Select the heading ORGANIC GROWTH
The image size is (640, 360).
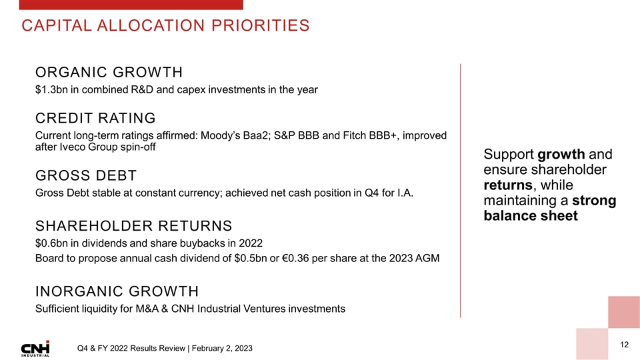109,72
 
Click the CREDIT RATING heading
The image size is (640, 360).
95,118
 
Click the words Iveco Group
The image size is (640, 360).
85,147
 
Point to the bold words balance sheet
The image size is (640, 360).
531,216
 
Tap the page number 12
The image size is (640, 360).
624,344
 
